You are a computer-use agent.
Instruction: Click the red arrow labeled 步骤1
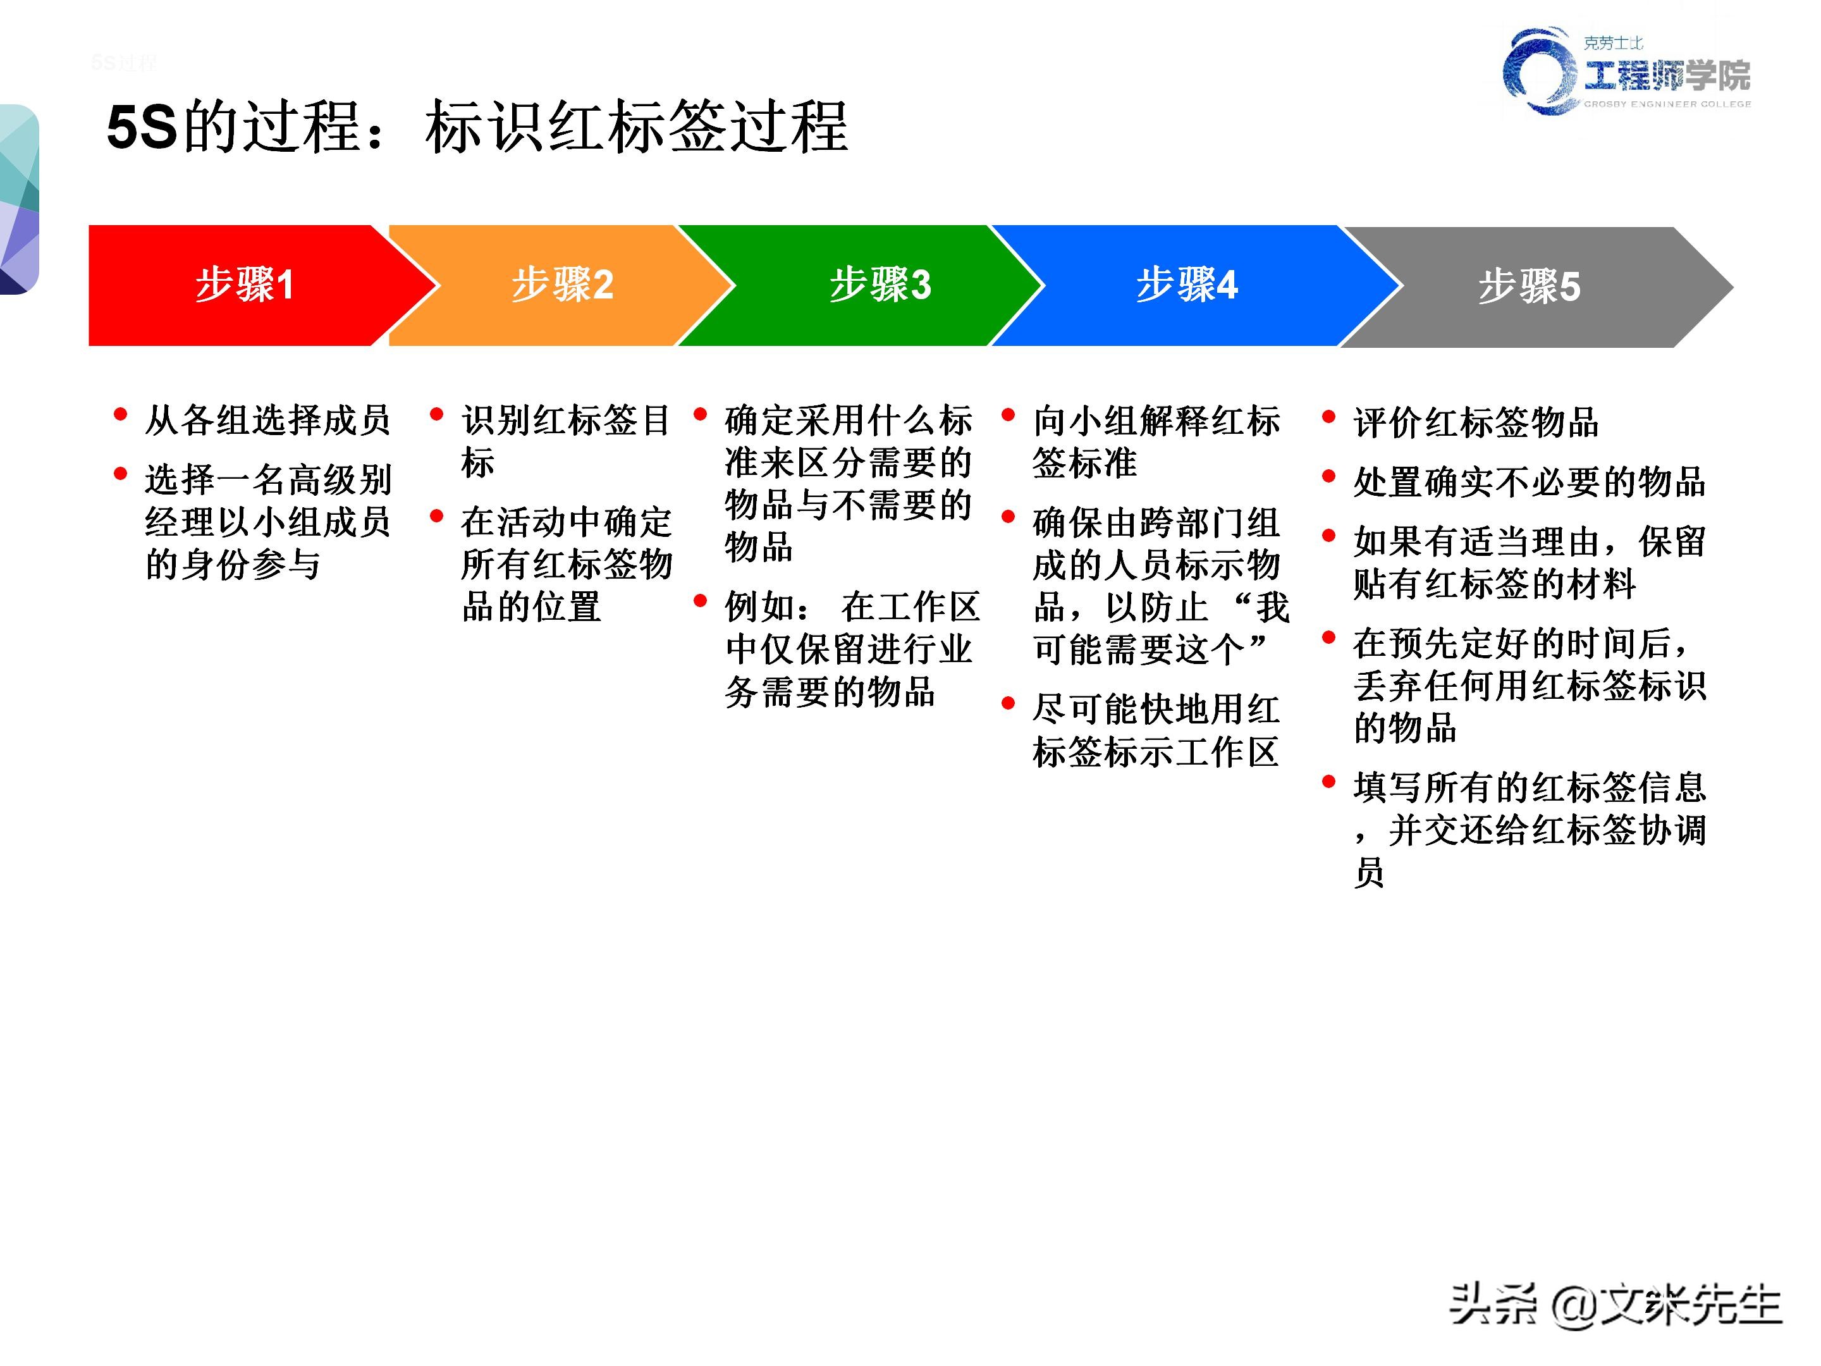click(x=245, y=285)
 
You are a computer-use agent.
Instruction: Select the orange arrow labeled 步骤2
click(x=562, y=285)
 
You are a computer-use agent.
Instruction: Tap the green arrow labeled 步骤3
click(x=880, y=285)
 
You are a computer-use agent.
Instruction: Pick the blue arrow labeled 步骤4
click(x=1186, y=285)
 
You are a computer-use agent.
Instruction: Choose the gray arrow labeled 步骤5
click(x=1529, y=286)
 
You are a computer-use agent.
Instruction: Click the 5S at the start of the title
click(x=142, y=127)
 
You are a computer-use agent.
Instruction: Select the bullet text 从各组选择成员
click(x=267, y=420)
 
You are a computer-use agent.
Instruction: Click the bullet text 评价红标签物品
click(x=1475, y=422)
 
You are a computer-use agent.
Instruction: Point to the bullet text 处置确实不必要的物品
click(x=1529, y=482)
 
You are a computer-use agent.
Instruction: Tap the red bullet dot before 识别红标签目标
click(x=437, y=414)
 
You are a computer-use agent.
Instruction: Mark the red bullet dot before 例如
click(x=701, y=601)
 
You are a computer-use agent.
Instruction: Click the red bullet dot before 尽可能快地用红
click(x=1009, y=703)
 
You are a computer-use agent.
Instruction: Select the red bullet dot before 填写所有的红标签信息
click(x=1328, y=782)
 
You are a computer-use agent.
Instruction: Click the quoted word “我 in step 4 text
click(x=1262, y=608)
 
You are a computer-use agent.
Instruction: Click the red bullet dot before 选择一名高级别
click(x=121, y=474)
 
